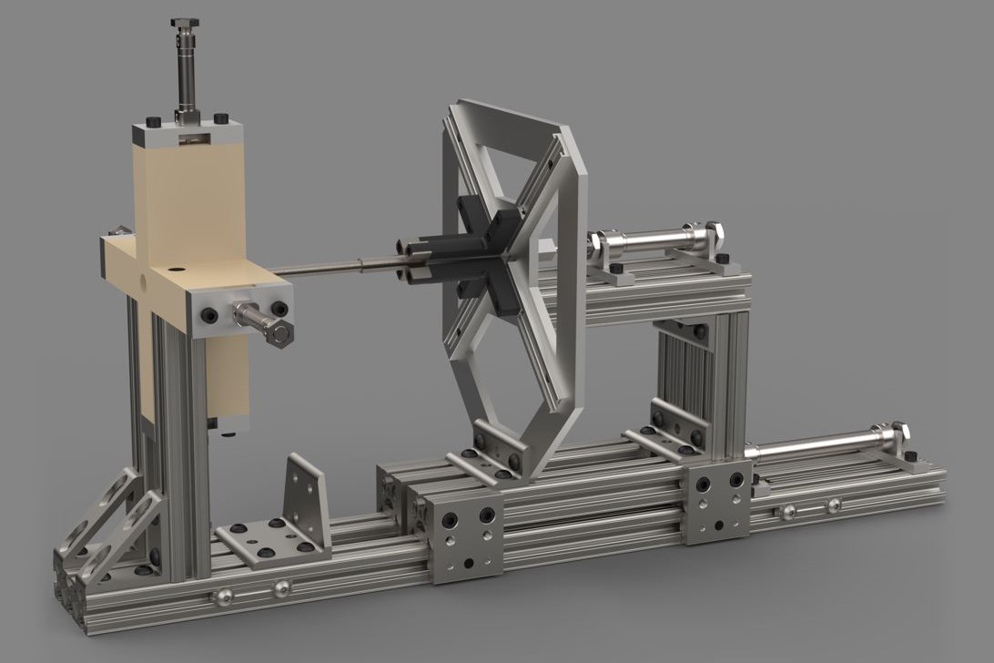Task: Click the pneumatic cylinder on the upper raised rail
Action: coord(655,244)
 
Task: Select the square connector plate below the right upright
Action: coord(717,502)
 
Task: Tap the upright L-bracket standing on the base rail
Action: coord(304,497)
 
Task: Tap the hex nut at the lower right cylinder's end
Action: coord(900,431)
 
